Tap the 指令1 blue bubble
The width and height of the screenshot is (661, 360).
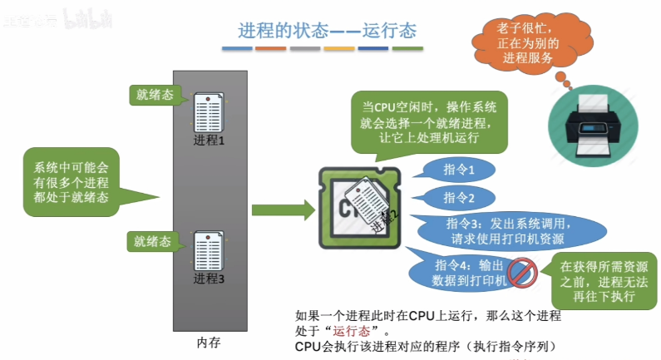point(459,170)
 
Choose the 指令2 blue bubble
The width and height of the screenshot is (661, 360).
point(459,198)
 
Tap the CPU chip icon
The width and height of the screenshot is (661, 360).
point(359,209)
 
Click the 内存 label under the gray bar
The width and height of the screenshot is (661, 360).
point(210,342)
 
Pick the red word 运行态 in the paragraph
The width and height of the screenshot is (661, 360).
point(349,330)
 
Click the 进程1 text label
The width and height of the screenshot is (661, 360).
point(210,140)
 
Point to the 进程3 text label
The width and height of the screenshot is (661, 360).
point(210,279)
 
